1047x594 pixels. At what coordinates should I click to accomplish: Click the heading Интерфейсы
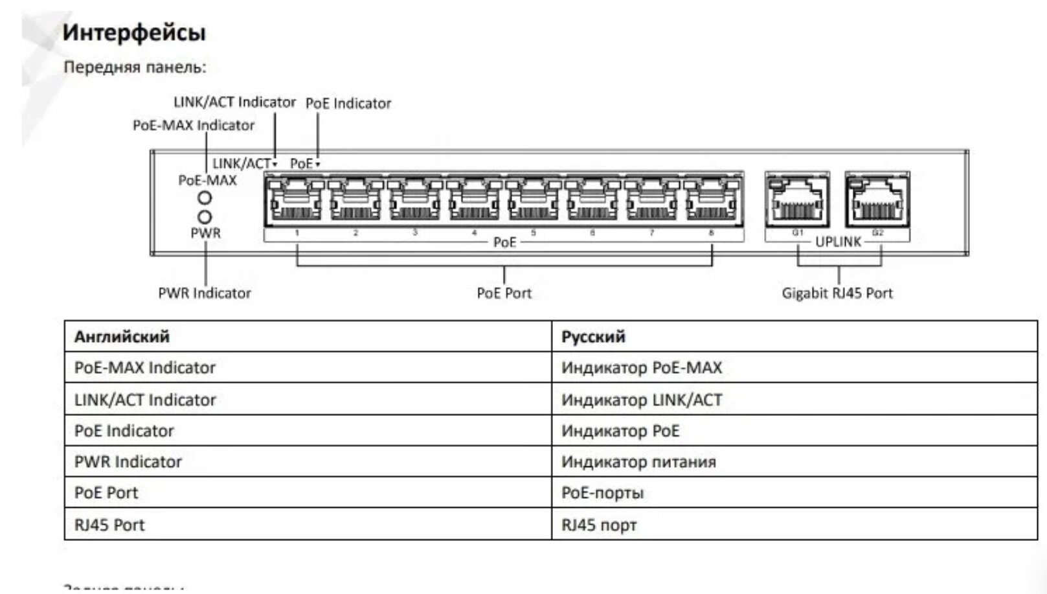point(134,32)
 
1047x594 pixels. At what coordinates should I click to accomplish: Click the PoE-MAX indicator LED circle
point(205,198)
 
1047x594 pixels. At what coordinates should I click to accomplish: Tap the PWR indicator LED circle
point(205,217)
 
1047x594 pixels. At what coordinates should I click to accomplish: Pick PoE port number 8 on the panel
point(711,200)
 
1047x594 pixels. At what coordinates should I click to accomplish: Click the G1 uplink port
point(797,200)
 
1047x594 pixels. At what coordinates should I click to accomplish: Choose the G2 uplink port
point(877,200)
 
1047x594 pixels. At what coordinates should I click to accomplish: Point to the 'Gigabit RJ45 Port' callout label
point(837,293)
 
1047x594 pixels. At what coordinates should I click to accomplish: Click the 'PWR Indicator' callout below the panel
point(204,293)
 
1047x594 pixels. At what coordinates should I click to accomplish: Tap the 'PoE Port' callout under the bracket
point(504,293)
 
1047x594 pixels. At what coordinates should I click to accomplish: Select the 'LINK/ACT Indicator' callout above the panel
point(234,102)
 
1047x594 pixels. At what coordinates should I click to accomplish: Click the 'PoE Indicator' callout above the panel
point(348,104)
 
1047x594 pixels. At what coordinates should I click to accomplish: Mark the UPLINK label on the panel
point(838,242)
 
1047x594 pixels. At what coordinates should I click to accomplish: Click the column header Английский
point(122,337)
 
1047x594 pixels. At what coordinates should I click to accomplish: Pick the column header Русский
point(593,337)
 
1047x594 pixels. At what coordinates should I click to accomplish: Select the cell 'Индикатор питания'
point(638,462)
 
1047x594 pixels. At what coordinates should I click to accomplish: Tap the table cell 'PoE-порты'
point(602,493)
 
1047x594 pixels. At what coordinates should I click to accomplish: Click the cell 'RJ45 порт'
point(599,525)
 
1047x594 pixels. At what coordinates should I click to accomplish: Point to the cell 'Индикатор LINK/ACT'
point(641,400)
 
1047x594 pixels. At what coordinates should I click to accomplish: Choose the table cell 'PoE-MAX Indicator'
point(144,368)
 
